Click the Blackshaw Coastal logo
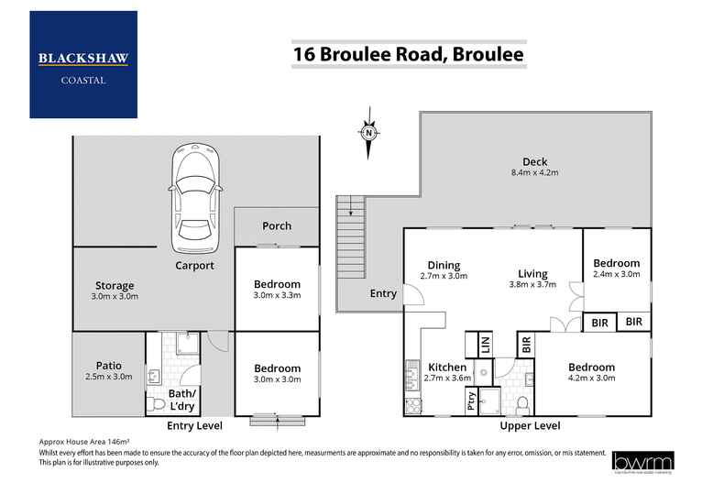(83, 64)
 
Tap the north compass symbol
(367, 132)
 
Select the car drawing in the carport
(197, 196)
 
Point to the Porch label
(277, 225)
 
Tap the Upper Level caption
(530, 426)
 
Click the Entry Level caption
(195, 426)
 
